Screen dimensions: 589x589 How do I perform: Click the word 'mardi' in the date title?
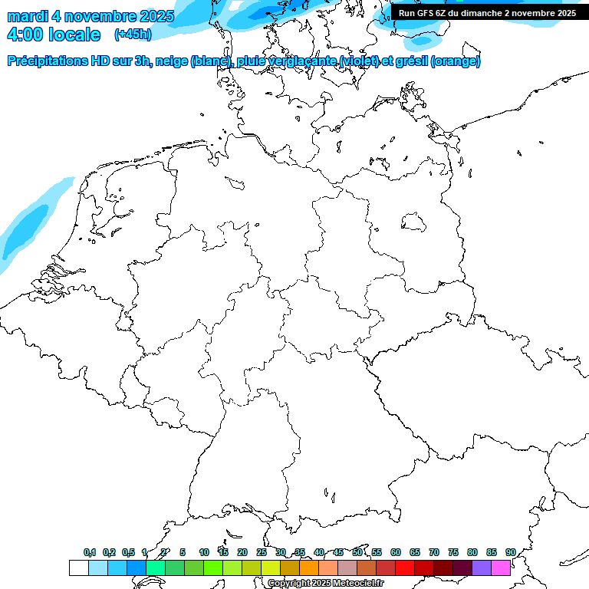pyautogui.click(x=27, y=16)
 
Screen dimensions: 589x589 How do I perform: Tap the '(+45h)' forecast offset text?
pyautogui.click(x=133, y=35)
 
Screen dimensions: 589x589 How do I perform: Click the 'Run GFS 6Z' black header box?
pyautogui.click(x=487, y=13)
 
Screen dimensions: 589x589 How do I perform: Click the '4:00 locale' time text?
pyautogui.click(x=53, y=35)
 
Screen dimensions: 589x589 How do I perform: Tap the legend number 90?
pyautogui.click(x=510, y=552)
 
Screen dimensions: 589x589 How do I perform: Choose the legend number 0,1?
pyautogui.click(x=90, y=552)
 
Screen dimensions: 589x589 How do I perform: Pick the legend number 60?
pyautogui.click(x=396, y=552)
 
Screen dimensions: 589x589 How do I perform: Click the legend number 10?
pyautogui.click(x=204, y=552)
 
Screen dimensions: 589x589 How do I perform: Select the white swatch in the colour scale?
pyautogui.click(x=78, y=568)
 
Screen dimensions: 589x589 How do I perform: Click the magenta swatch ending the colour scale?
pyautogui.click(x=501, y=568)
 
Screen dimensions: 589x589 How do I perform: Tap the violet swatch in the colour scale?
pyautogui.click(x=482, y=568)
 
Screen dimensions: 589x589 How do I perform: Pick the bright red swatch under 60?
pyautogui.click(x=404, y=568)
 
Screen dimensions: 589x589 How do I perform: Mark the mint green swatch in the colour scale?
pyautogui.click(x=155, y=568)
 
